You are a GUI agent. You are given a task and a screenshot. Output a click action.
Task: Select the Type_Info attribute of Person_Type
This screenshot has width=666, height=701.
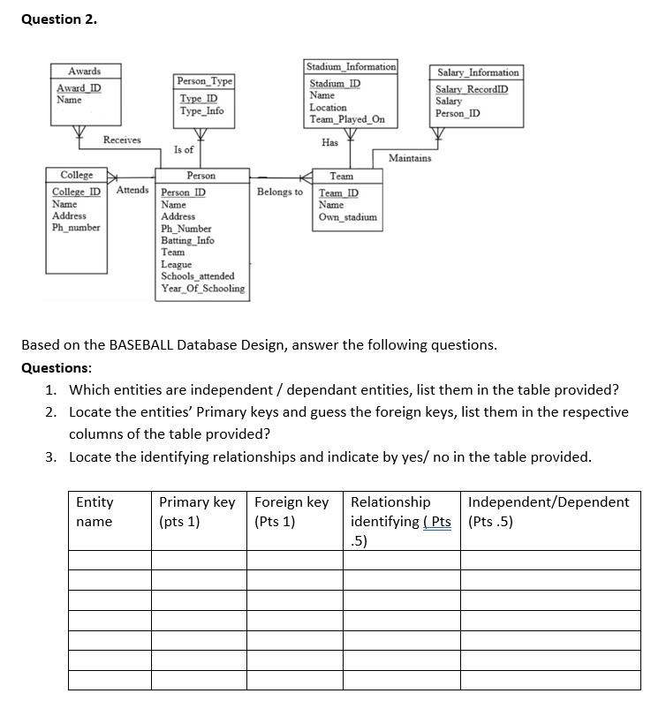pyautogui.click(x=202, y=111)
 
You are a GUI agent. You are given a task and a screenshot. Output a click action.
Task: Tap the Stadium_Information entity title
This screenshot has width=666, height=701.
pyautogui.click(x=351, y=66)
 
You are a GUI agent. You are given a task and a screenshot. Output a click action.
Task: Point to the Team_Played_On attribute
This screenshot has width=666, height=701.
pyautogui.click(x=347, y=119)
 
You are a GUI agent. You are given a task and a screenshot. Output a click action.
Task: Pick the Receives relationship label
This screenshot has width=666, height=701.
pyautogui.click(x=121, y=139)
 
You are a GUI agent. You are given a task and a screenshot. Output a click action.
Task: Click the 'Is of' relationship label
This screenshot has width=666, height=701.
pyautogui.click(x=184, y=150)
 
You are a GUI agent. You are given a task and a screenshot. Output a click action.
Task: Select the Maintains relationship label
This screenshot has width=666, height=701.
pyautogui.click(x=410, y=158)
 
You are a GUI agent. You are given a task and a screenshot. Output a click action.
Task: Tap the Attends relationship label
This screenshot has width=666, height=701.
pyautogui.click(x=132, y=191)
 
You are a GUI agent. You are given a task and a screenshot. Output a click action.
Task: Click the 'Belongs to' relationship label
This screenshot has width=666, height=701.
pyautogui.click(x=279, y=192)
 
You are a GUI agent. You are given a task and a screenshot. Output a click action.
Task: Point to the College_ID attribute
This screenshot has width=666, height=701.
pyautogui.click(x=76, y=192)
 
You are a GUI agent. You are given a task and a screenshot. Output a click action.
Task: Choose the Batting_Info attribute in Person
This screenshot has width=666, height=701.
pyautogui.click(x=187, y=240)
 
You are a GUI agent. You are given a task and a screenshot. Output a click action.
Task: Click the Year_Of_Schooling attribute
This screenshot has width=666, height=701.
pyautogui.click(x=203, y=288)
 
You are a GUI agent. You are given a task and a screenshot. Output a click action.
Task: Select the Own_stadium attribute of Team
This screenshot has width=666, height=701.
pyautogui.click(x=348, y=216)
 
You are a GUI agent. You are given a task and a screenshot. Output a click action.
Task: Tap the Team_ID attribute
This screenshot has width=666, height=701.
pyautogui.click(x=339, y=192)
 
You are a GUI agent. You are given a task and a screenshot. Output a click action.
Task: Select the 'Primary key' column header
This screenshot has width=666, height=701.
pyautogui.click(x=197, y=502)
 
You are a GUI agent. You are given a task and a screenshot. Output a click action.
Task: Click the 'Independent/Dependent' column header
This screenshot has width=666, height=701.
pyautogui.click(x=549, y=502)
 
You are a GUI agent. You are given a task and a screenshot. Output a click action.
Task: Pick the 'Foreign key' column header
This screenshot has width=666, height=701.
pyautogui.click(x=291, y=502)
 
